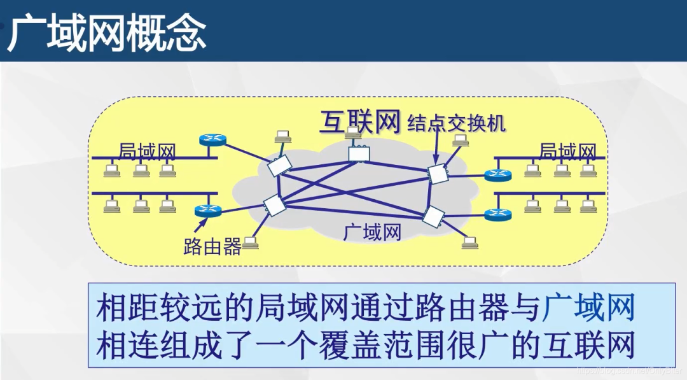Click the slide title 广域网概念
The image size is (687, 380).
click(107, 32)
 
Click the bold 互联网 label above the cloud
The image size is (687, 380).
click(360, 122)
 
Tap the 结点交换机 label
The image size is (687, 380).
click(457, 122)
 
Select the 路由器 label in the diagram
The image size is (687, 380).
click(212, 246)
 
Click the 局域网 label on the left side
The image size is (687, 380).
click(147, 151)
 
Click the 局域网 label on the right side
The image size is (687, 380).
click(567, 151)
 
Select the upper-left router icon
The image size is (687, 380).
click(208, 141)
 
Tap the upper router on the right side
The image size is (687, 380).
click(494, 174)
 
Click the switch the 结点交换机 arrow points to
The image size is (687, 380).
click(438, 173)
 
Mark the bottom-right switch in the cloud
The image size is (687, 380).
click(433, 216)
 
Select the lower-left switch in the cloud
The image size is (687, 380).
click(275, 205)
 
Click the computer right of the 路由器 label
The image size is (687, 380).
click(251, 243)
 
